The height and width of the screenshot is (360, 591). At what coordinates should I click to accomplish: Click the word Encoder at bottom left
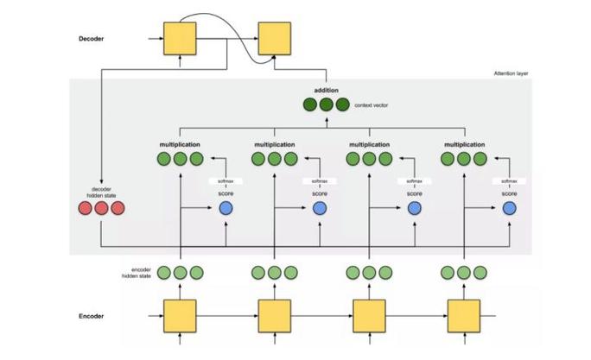pyautogui.click(x=92, y=317)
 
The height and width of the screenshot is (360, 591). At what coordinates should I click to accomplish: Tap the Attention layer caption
pyautogui.click(x=511, y=74)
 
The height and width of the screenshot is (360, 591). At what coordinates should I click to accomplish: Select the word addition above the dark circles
pyautogui.click(x=326, y=90)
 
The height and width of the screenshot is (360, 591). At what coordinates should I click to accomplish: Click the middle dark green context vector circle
pyautogui.click(x=327, y=104)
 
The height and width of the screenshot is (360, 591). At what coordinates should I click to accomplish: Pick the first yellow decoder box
pyautogui.click(x=181, y=39)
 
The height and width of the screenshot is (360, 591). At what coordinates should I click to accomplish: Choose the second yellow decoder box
pyautogui.click(x=276, y=39)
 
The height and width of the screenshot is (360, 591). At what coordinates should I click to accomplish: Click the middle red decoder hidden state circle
pyautogui.click(x=101, y=208)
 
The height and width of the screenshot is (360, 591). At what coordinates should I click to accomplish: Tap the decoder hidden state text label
pyautogui.click(x=101, y=192)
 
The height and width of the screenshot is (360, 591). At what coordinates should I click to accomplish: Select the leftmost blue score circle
pyautogui.click(x=226, y=208)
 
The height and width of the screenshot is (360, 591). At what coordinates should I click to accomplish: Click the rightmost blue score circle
pyautogui.click(x=510, y=208)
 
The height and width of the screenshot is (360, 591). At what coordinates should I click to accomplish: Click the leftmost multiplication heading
pyautogui.click(x=181, y=143)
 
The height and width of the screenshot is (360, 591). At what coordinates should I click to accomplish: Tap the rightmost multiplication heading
pyautogui.click(x=465, y=143)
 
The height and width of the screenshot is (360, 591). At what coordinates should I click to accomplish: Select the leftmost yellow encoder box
pyautogui.click(x=181, y=316)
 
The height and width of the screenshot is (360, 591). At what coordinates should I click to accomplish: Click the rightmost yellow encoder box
pyautogui.click(x=465, y=316)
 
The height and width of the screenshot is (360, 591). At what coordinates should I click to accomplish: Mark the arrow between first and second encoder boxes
pyautogui.click(x=227, y=316)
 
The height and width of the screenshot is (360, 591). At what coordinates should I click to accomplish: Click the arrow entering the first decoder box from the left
pyautogui.click(x=156, y=39)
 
